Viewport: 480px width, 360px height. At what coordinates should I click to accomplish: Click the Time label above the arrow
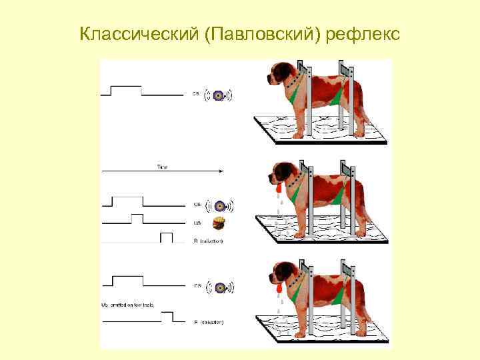tap(162, 166)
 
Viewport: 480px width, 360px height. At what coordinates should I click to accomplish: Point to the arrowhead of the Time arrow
tap(223, 172)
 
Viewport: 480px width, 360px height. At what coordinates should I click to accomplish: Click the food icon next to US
tap(219, 223)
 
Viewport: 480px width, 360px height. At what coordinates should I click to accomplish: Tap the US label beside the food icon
tap(197, 223)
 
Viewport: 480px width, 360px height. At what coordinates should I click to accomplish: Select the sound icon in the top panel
tap(219, 95)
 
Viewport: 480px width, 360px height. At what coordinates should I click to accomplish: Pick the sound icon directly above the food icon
tap(219, 204)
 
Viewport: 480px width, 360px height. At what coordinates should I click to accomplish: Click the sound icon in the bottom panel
tap(219, 287)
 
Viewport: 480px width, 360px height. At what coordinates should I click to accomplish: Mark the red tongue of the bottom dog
tap(274, 289)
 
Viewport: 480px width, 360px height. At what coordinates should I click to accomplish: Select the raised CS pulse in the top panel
tap(126, 87)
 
